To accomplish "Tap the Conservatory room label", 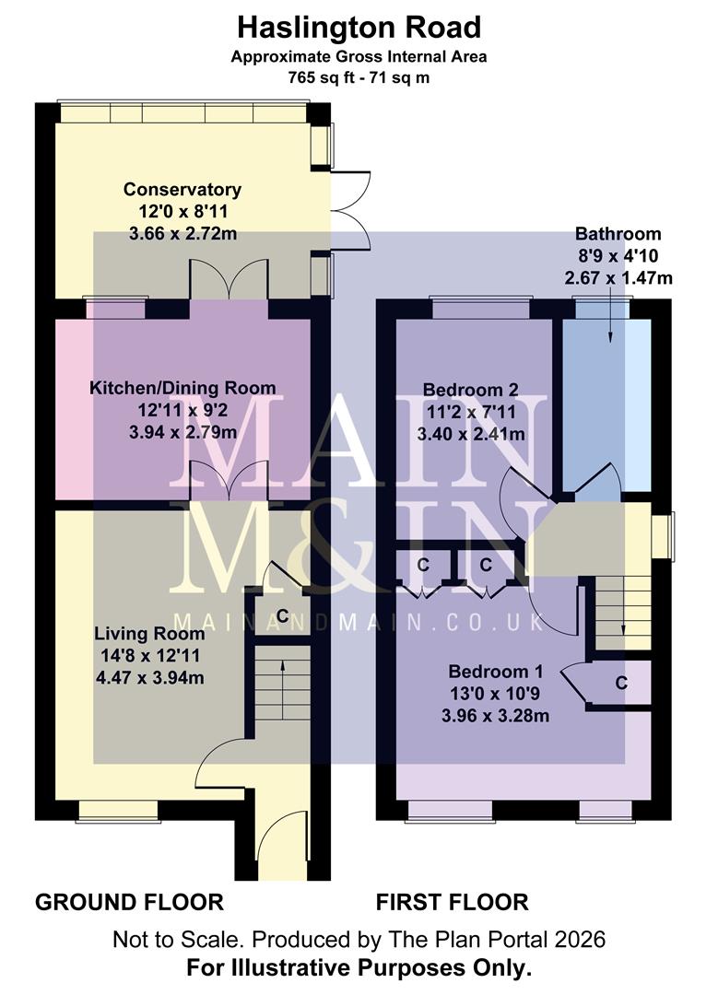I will click(182, 190).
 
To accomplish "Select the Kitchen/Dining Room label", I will click(182, 388).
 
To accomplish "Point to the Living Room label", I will click(149, 634).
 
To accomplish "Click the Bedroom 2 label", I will click(470, 390).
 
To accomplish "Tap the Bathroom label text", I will click(618, 234).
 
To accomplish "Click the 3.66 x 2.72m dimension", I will click(182, 234).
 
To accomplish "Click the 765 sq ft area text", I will click(359, 77).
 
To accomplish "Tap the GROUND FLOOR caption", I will click(129, 902).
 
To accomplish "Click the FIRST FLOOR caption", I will click(452, 902).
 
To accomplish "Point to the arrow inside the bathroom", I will click(609, 327).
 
